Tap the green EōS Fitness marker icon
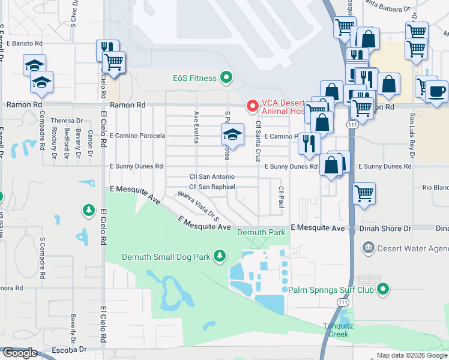coord(226,77)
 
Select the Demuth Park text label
coord(261,232)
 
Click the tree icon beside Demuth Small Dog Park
coord(220,257)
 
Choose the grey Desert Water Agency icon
coord(368,247)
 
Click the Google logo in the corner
coord(20,353)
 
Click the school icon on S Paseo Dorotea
coord(233,134)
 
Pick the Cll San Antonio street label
coord(211,177)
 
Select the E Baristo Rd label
coord(25,44)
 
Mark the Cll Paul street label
coord(280,197)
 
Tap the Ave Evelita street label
coord(196,127)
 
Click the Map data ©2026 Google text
coord(411,355)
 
